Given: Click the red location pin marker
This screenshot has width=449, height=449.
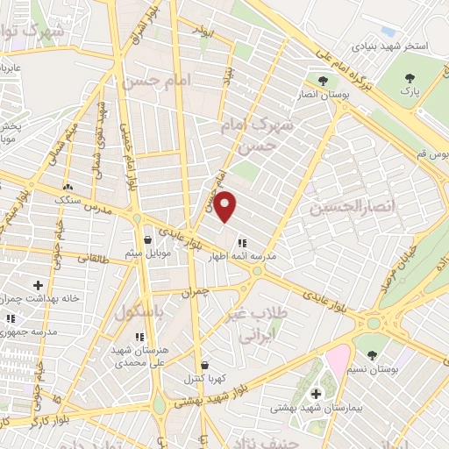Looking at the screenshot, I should click(225, 207).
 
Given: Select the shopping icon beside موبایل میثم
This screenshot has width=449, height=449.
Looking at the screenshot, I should click(147, 239).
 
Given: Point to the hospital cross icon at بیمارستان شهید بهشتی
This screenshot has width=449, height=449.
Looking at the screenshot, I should click(316, 393).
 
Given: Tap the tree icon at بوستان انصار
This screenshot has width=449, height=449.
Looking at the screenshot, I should click(324, 81).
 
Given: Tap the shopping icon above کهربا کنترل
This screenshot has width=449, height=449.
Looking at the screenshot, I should click(204, 365).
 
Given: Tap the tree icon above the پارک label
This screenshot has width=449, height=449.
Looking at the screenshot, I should click(408, 76).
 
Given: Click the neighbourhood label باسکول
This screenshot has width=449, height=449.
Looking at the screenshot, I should click(135, 311).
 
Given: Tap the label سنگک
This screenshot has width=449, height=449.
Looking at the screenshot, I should click(68, 201).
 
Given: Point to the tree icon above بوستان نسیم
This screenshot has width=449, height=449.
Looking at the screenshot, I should click(373, 355).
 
